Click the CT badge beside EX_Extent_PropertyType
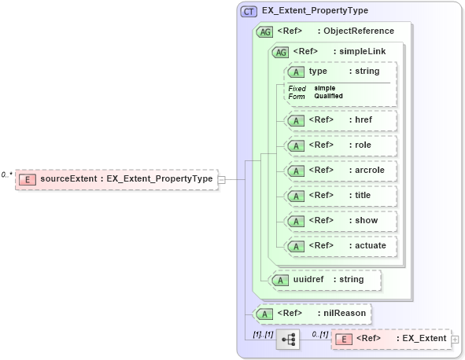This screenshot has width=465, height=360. tap(249, 11)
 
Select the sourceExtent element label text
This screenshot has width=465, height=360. tap(126, 179)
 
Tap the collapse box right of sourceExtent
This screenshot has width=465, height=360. tap(221, 179)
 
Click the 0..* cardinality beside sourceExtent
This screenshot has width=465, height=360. tap(7, 174)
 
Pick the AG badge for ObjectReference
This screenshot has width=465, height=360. tap(264, 31)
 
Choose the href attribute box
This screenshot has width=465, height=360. tap(340, 120)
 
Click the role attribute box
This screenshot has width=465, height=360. tap(340, 145)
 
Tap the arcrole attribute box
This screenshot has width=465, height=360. tap(340, 171)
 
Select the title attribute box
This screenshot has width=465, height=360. tap(340, 196)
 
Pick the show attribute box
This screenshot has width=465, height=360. tap(340, 221)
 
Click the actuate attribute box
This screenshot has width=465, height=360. tap(340, 246)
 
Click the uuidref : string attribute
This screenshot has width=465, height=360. tap(324, 279)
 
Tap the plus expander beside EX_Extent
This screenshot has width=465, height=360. tap(455, 340)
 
